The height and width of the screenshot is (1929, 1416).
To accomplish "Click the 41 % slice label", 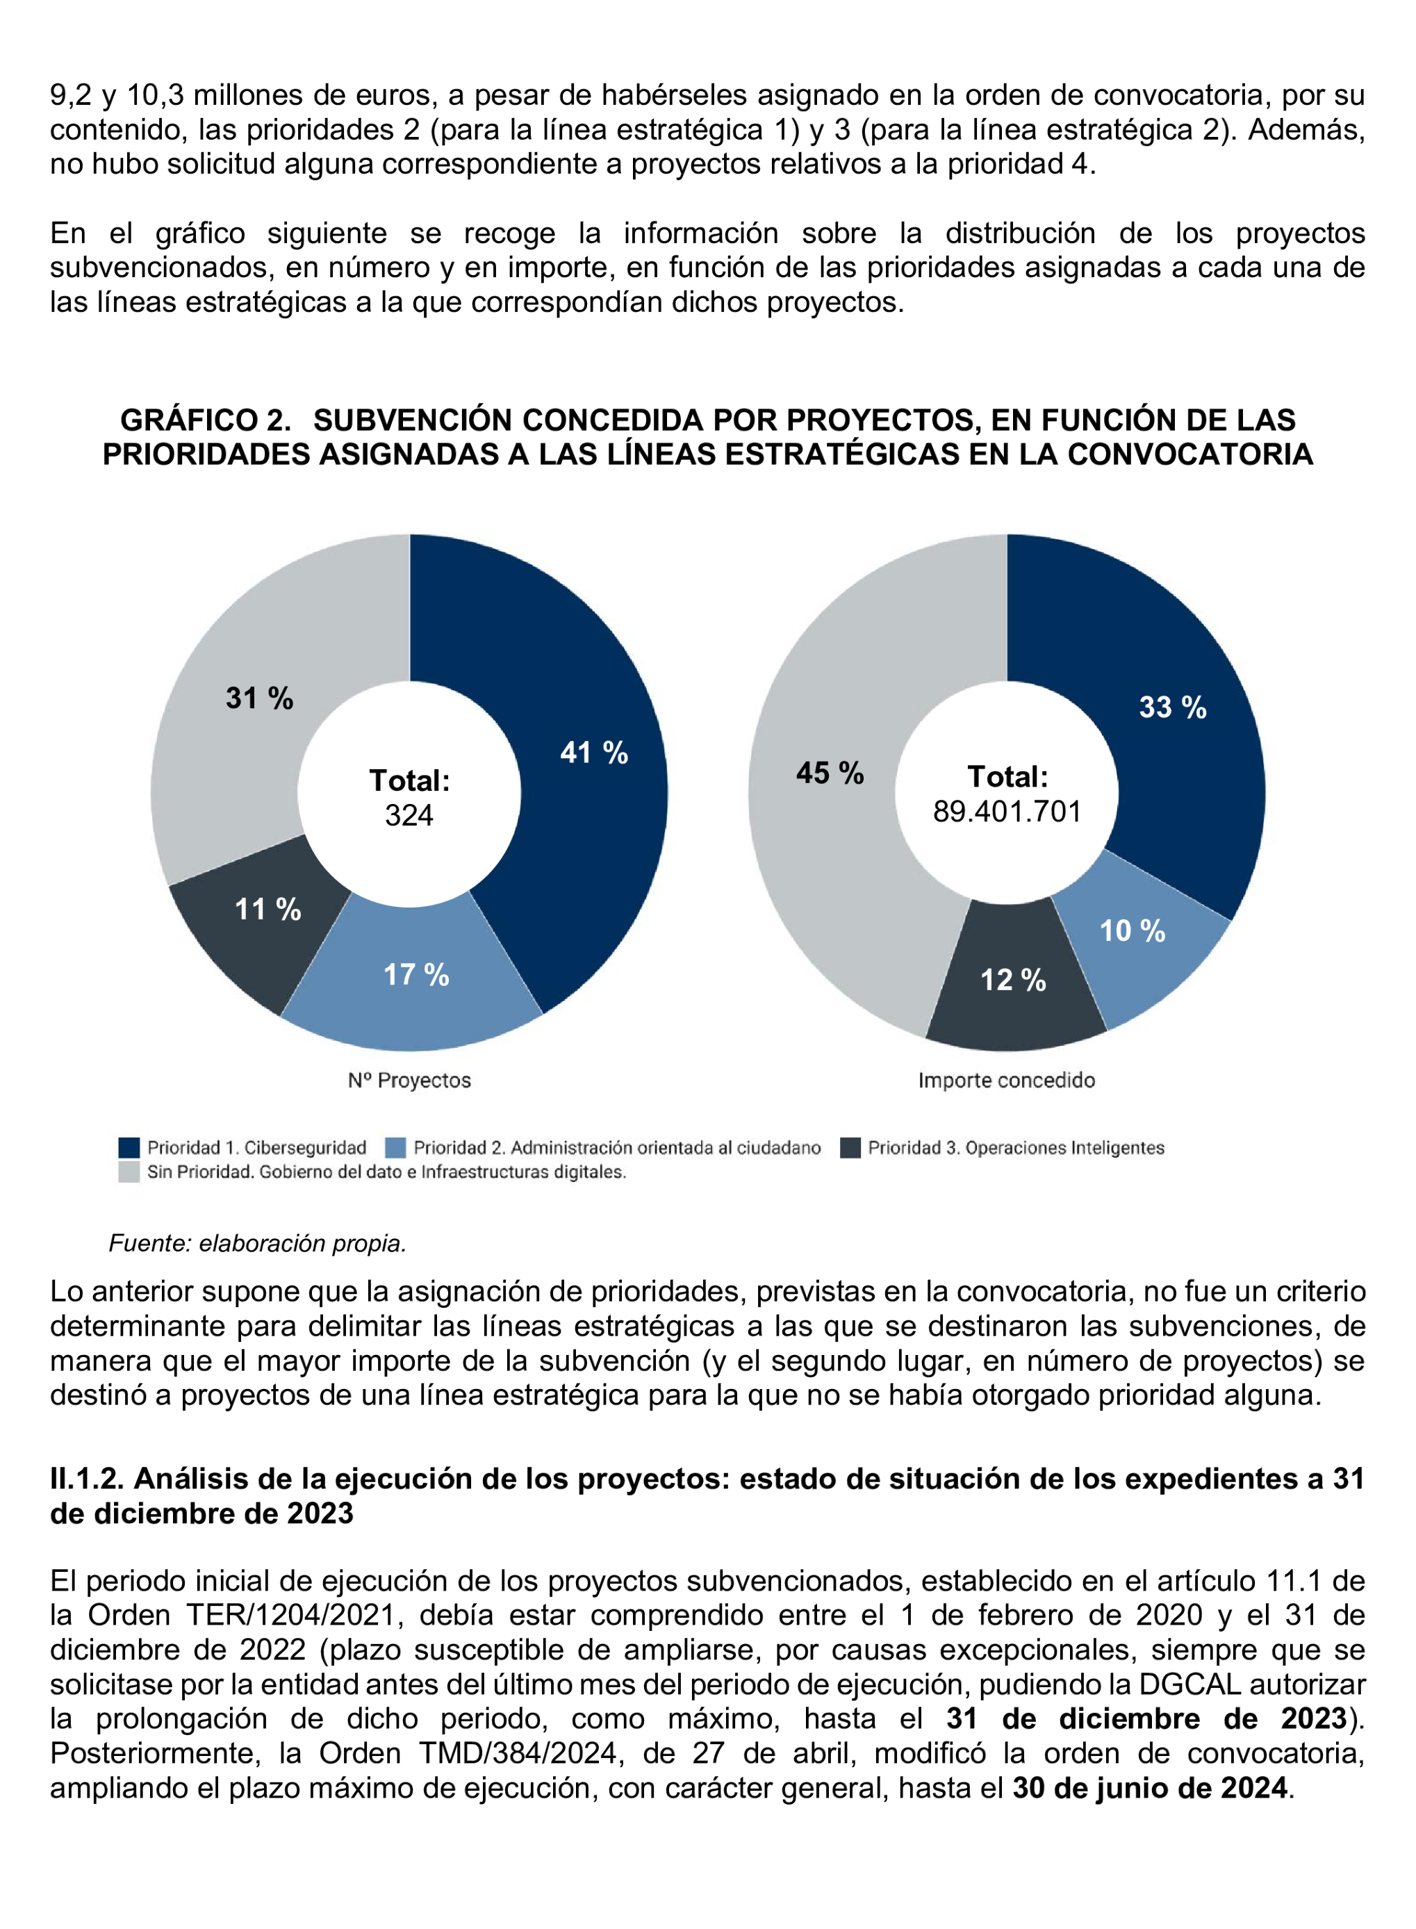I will point(593,753).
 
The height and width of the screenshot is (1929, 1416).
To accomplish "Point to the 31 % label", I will point(259,698).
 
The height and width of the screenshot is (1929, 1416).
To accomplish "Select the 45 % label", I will point(829,773).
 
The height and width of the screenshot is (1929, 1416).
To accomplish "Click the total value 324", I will point(409,814).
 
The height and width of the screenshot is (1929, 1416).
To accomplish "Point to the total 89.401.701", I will point(1007,811).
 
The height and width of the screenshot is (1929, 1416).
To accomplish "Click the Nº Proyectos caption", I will point(409,1081).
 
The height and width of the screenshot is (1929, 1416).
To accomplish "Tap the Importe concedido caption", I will point(1006,1081).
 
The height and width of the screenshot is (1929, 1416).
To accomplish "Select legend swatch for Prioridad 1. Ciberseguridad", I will point(129,1148).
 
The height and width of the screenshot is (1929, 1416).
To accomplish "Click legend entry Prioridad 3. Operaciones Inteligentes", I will point(1015,1148).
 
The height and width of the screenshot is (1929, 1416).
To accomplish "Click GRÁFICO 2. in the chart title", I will point(205,420).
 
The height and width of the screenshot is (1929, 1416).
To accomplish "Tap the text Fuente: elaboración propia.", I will point(257,1243).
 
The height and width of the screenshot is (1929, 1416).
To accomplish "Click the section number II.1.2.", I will point(88,1479).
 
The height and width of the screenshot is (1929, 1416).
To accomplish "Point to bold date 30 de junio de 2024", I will point(1149,1787).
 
